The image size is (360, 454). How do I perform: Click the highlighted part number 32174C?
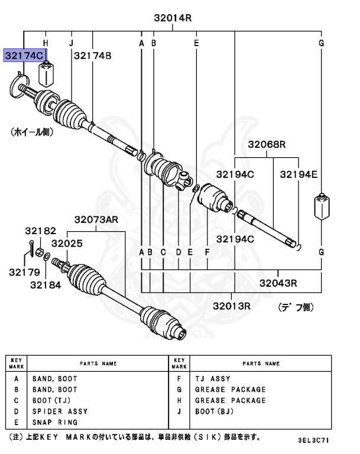click(x=25, y=56)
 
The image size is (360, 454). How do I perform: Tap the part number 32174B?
click(x=93, y=56)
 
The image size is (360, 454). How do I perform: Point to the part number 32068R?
click(x=267, y=144)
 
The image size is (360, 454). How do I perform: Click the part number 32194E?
click(x=299, y=174)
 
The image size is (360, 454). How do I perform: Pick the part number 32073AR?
click(x=96, y=219)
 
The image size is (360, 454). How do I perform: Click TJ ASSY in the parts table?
click(x=213, y=378)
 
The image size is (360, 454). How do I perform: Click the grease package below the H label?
click(x=46, y=73)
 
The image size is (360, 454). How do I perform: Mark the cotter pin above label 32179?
click(x=30, y=249)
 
